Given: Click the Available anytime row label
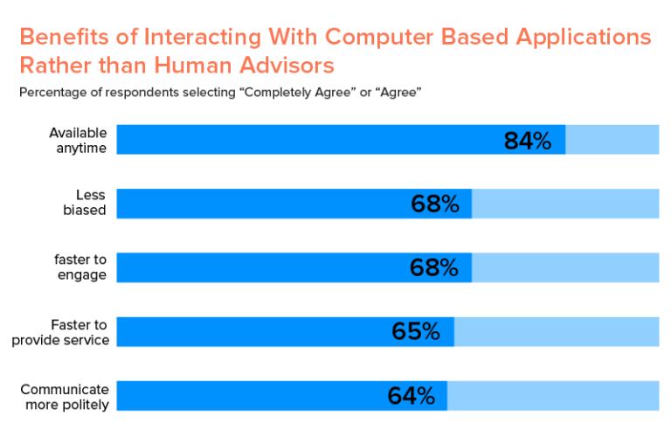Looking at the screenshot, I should click(x=78, y=140).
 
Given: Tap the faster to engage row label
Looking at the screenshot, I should click(x=80, y=267).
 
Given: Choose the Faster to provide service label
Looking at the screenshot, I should click(x=60, y=332).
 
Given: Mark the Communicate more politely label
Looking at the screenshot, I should click(x=65, y=396).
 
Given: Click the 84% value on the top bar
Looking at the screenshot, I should click(x=528, y=141).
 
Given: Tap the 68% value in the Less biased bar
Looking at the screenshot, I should click(x=434, y=205).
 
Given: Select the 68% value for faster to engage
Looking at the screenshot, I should click(x=434, y=268).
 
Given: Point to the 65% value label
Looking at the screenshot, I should click(x=416, y=332).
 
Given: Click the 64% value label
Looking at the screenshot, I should click(x=411, y=396).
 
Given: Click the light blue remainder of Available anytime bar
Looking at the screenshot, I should click(x=612, y=140).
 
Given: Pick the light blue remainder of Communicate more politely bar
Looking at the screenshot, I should click(x=553, y=396).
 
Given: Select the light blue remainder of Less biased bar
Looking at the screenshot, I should click(x=565, y=204).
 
